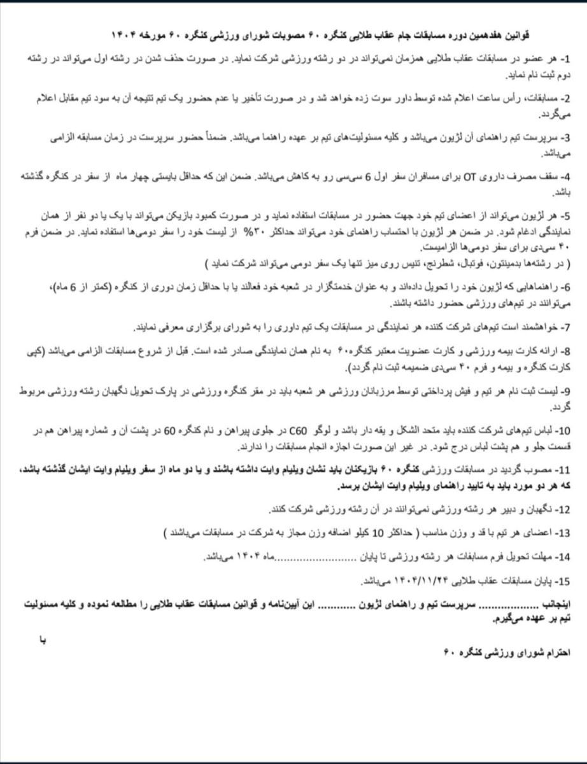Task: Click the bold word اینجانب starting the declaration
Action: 551,603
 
